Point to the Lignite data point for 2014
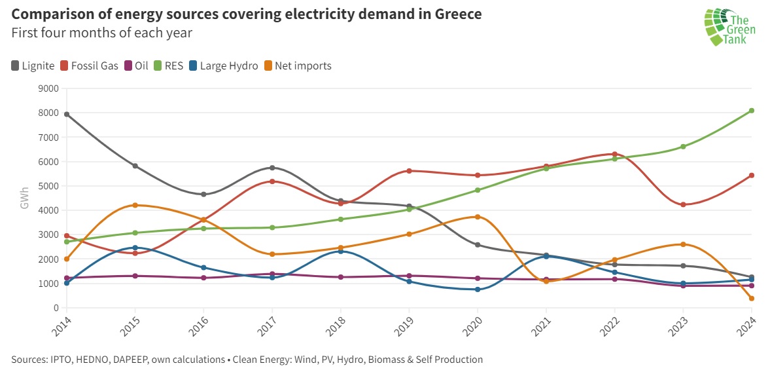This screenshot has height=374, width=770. [67, 114]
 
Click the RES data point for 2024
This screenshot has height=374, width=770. [752, 111]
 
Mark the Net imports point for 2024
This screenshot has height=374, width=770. [752, 299]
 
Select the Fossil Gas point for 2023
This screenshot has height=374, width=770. [683, 204]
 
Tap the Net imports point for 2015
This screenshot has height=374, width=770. [135, 205]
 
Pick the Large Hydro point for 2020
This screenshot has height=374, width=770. [478, 290]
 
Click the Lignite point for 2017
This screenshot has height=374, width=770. [272, 168]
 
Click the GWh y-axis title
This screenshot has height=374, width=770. [24, 198]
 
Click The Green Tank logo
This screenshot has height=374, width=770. [729, 28]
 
